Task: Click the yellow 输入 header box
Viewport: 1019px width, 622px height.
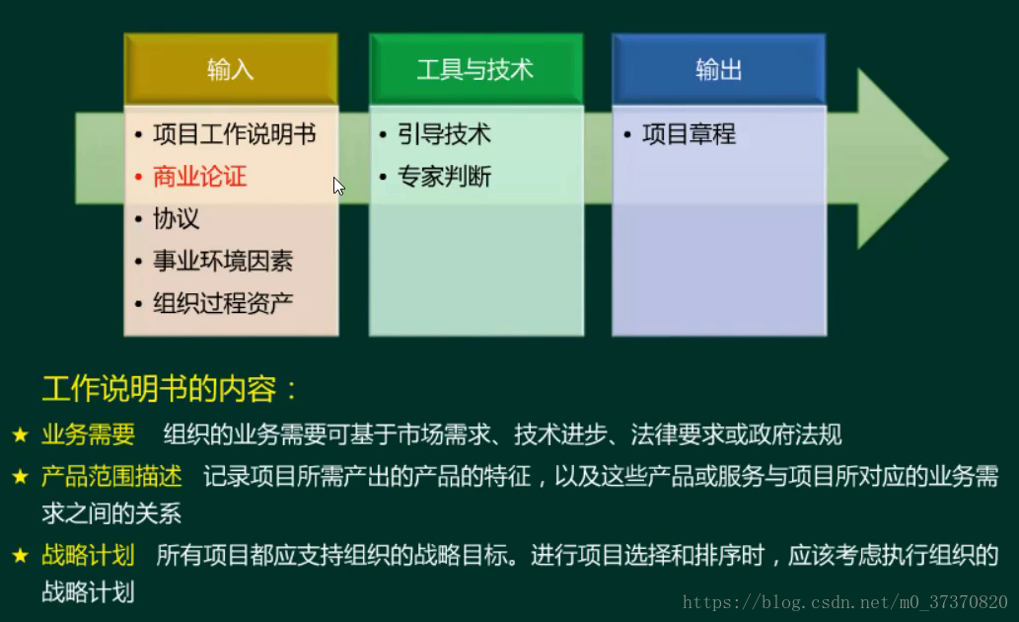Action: coord(231,70)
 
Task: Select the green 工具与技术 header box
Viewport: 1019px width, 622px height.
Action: coord(475,70)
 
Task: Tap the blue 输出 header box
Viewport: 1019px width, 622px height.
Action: coord(718,70)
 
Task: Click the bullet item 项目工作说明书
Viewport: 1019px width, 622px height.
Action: coord(235,134)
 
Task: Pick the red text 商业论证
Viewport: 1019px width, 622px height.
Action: coord(200,177)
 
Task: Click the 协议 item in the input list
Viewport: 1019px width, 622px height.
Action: coord(177,219)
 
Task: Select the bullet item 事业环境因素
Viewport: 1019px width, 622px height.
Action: coord(223,262)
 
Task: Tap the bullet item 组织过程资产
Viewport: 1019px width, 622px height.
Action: coord(223,303)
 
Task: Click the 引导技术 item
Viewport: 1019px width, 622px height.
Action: coord(444,134)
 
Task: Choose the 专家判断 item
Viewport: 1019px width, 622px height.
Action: coord(444,177)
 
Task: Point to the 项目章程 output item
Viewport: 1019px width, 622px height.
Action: coord(689,134)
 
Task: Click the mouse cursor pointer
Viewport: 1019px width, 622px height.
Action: coord(338,186)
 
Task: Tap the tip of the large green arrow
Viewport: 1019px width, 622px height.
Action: coord(944,159)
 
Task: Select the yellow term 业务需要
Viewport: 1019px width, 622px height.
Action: coord(88,434)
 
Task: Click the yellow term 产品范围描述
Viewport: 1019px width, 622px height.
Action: coord(111,477)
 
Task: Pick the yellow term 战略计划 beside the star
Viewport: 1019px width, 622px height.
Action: coord(88,555)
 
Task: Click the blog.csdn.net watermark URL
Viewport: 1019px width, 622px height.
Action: coord(844,602)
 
